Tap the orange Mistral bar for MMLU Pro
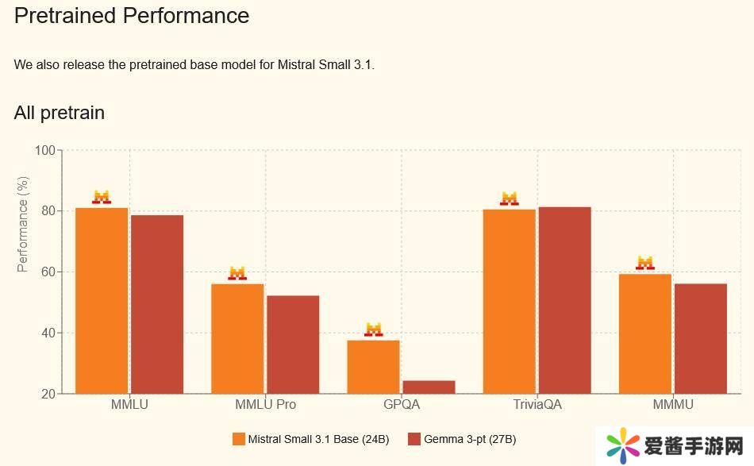coord(237,338)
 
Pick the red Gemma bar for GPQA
coord(429,387)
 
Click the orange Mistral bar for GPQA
coord(373,367)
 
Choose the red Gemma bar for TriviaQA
coord(564,300)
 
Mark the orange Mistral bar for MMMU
coord(645,333)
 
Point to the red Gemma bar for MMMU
coord(701,338)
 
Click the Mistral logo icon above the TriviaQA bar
coord(509,198)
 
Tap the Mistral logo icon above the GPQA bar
coord(374,329)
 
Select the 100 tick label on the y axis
coord(45,150)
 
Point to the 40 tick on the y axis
coord(48,333)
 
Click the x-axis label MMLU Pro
coord(265,405)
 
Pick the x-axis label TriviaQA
coord(537,405)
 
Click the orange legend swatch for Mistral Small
coord(238,439)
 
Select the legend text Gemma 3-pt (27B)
coord(470,439)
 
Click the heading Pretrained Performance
coord(132,16)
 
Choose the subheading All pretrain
coord(60,113)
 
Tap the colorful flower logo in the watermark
coord(623,445)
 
